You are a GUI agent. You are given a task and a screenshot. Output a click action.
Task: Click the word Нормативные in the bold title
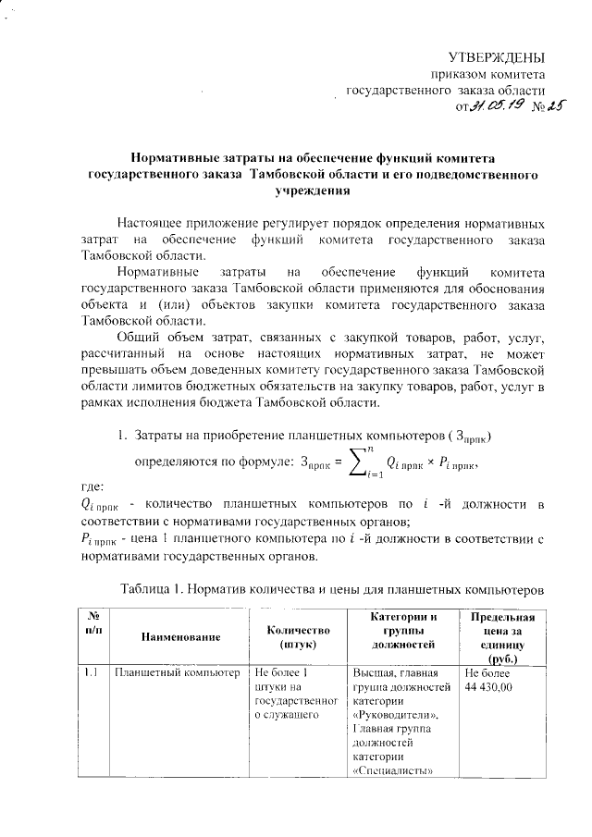pyautogui.click(x=166, y=159)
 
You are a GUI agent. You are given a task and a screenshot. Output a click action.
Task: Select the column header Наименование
pyautogui.click(x=181, y=637)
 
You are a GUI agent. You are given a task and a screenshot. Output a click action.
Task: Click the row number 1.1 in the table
pyautogui.click(x=90, y=673)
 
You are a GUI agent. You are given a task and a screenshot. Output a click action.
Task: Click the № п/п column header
pyautogui.click(x=92, y=623)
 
